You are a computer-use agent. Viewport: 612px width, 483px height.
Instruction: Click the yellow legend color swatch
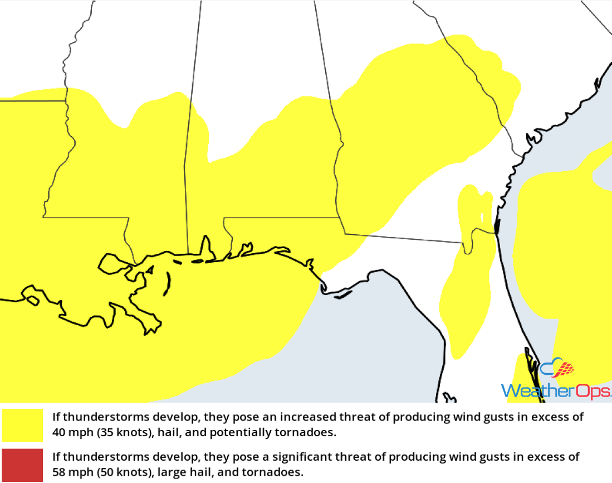22,425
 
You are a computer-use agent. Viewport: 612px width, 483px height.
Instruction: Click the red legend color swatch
22,465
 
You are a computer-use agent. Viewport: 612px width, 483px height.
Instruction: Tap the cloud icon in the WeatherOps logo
557,369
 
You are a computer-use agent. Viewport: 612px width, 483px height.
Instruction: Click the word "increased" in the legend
306,417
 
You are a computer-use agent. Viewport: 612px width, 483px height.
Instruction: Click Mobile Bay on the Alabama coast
205,248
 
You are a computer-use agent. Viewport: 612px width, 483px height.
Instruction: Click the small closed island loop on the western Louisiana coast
32,301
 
